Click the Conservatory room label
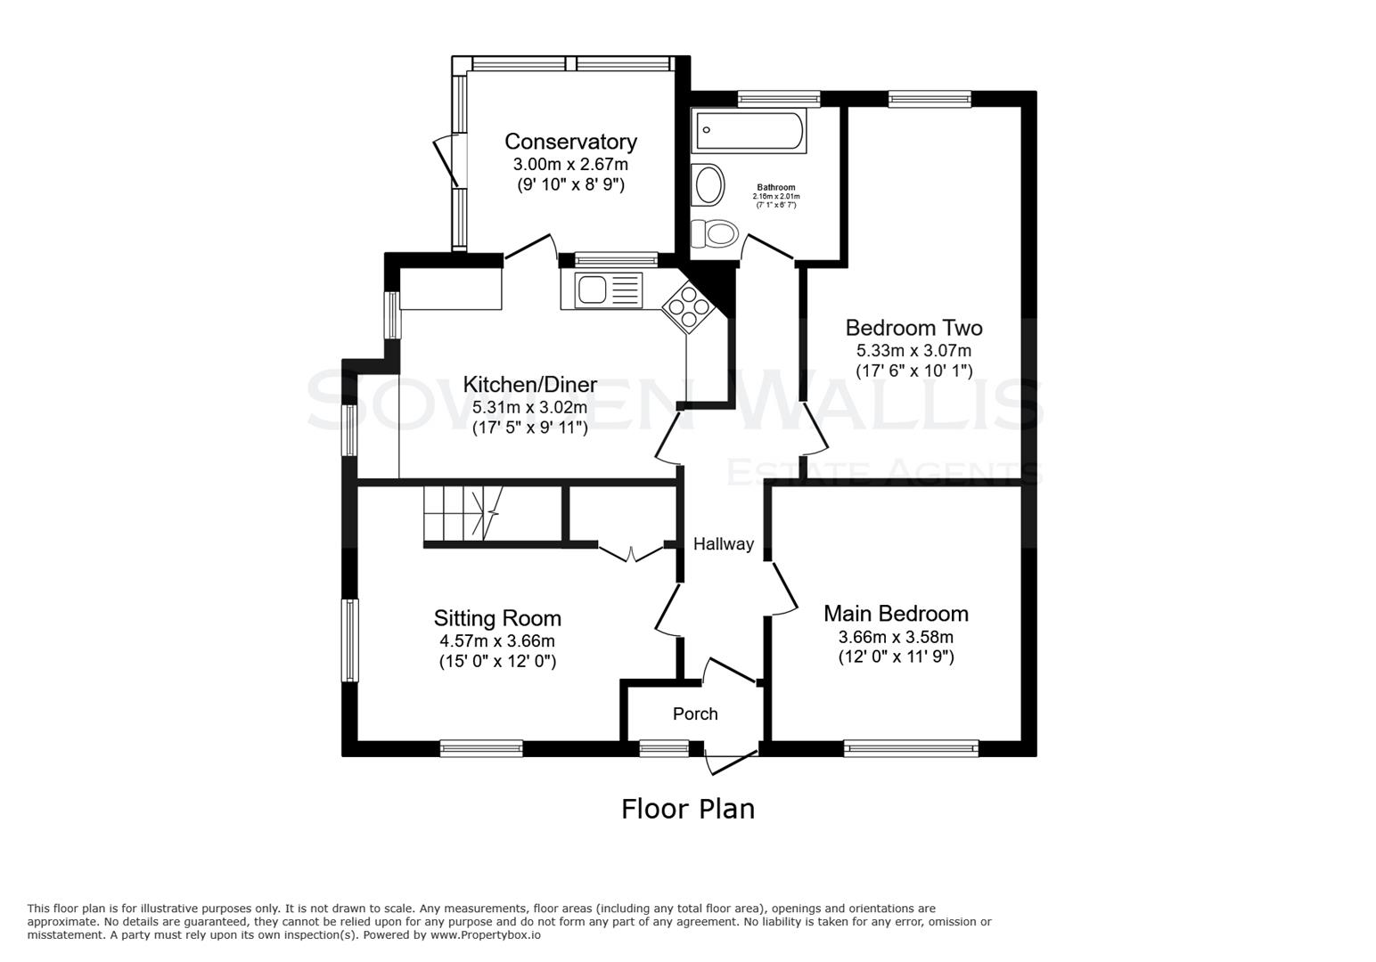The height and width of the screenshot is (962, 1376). point(570,142)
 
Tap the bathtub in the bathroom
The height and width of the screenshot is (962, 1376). point(749,131)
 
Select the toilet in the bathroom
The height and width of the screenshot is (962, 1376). point(715,233)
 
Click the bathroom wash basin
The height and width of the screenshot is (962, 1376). point(710,185)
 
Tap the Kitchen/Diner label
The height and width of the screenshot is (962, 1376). point(529,385)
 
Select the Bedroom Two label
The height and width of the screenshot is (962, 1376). point(913,328)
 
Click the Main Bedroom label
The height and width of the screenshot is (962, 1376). point(896,614)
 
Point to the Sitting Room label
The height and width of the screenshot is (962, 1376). point(497,618)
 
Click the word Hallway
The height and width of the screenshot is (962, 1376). point(724,544)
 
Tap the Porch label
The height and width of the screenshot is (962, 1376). point(695,714)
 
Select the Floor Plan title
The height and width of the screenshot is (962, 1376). point(687,809)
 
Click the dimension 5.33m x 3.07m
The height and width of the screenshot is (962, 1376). point(913,351)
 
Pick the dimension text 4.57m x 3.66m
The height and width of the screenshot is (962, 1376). point(497,641)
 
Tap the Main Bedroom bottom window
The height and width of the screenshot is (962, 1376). point(911,748)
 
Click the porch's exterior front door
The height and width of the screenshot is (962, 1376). point(731,762)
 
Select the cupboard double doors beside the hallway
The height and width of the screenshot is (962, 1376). point(631,553)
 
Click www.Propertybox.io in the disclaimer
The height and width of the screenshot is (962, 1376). point(485,935)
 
